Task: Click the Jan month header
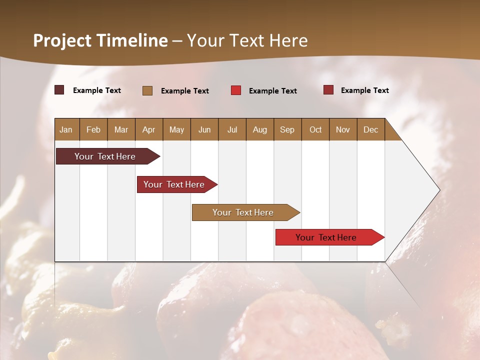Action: click(66, 129)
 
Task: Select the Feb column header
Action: click(93, 129)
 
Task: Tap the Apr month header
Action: click(149, 129)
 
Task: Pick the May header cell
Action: click(176, 129)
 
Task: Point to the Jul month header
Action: click(232, 129)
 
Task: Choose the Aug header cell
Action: click(260, 129)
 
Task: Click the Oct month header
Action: click(315, 129)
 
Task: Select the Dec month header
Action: click(371, 129)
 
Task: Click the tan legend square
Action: click(147, 90)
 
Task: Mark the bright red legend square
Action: click(236, 90)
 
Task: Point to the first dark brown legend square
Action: click(59, 90)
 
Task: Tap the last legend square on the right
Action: click(328, 90)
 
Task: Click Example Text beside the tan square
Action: click(185, 91)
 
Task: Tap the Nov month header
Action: click(343, 129)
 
